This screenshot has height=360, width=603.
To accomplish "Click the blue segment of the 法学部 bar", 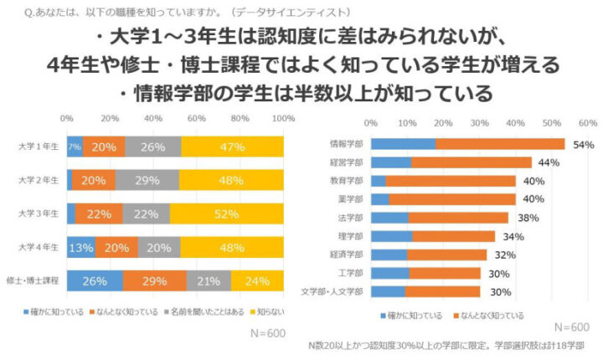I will click(389, 218).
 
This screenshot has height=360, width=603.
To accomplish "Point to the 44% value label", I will click(549, 162).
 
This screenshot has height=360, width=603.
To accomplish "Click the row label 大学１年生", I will click(38, 146).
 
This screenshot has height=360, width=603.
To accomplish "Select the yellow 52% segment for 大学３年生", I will click(227, 213).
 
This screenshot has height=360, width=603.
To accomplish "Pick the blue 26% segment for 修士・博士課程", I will click(95, 280).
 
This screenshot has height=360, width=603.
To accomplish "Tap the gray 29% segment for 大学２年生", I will click(147, 180).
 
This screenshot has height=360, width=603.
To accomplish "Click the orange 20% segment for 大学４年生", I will click(117, 247).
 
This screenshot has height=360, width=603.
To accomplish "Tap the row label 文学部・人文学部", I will click(334, 291).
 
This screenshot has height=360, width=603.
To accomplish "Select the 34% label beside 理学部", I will click(513, 236).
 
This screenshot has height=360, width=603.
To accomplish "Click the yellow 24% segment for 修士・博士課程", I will click(257, 280).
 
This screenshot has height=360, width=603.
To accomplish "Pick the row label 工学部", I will click(353, 273).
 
